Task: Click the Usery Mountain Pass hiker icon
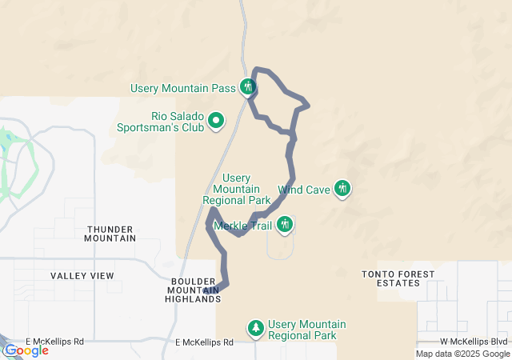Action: tap(248, 86)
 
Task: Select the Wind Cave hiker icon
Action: tap(342, 190)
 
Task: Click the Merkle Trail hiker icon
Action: tap(285, 226)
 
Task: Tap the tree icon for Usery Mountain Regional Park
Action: tap(255, 328)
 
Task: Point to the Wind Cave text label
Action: tap(304, 190)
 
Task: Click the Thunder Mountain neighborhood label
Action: tap(110, 234)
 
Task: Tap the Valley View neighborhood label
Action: tap(82, 276)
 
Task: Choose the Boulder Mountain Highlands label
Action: tap(195, 290)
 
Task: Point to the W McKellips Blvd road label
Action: tap(474, 342)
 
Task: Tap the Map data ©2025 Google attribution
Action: tap(462, 354)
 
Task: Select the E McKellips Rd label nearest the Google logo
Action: tap(54, 342)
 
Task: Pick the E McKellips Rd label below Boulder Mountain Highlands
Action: tap(204, 342)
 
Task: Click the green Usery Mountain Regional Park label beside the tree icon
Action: tap(307, 330)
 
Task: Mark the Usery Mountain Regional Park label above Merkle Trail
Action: tap(237, 189)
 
